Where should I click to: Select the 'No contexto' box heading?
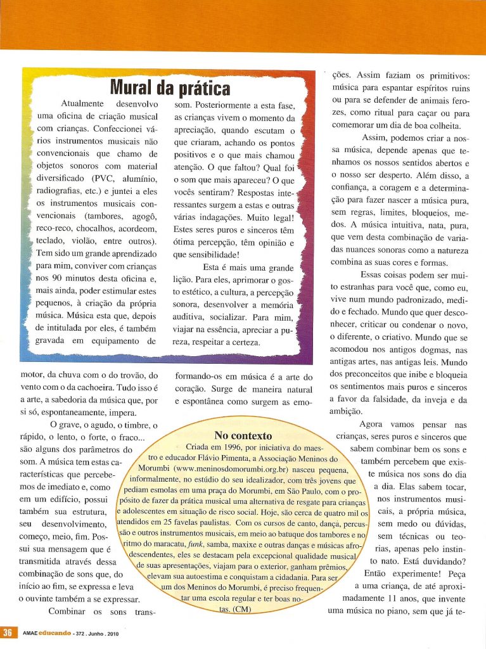point(244,435)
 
